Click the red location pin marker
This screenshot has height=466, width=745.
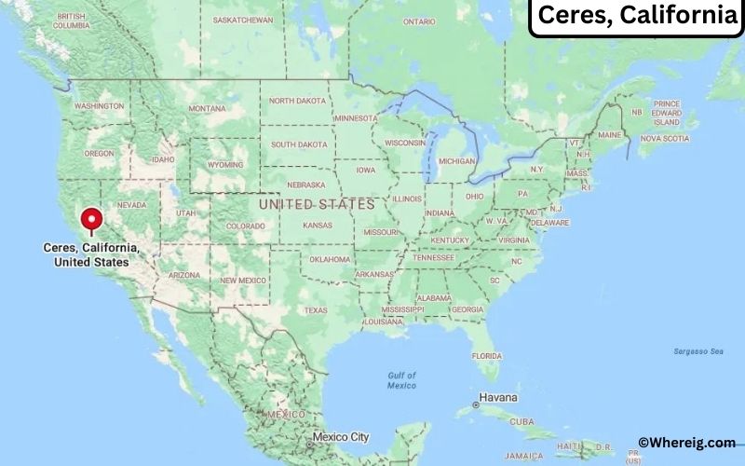(91, 220)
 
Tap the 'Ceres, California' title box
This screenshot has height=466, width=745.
(636, 16)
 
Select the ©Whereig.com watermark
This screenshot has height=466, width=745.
(686, 443)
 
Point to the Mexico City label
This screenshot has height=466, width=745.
(341, 436)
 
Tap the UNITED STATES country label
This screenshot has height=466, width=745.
(317, 203)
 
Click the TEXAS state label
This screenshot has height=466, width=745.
(316, 310)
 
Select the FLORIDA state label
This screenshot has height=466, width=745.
(486, 355)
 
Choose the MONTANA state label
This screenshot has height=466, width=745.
(207, 108)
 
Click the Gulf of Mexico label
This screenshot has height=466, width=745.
(401, 380)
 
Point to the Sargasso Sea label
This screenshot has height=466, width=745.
(698, 351)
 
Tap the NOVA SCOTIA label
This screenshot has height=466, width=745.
(665, 138)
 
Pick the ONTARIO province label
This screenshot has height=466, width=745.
(419, 21)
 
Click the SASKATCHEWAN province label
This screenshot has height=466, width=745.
(243, 19)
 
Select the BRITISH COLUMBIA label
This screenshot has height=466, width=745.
(71, 21)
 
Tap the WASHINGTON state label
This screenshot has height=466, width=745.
(99, 105)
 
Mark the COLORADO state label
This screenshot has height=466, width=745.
(246, 226)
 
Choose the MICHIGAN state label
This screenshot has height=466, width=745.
(456, 161)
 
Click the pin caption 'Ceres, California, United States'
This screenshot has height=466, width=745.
(92, 255)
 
